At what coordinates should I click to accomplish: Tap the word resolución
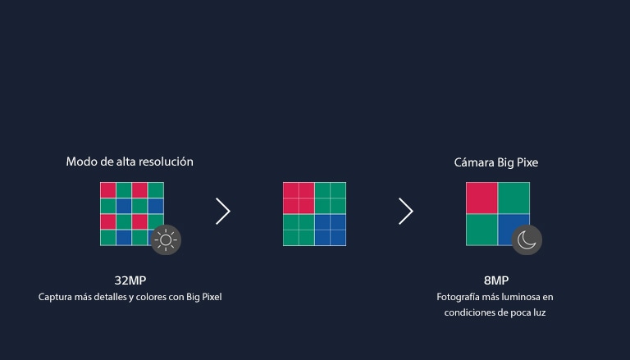click(x=166, y=162)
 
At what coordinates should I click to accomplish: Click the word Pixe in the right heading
click(x=526, y=163)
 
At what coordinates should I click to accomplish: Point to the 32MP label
click(x=130, y=280)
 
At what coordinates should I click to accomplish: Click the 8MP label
click(x=496, y=280)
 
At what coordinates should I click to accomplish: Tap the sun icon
click(x=166, y=239)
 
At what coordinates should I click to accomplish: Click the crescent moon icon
click(x=527, y=239)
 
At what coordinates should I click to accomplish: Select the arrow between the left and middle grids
click(x=223, y=212)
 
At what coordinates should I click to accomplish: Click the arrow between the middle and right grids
click(x=405, y=212)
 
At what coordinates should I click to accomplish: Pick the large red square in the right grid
click(x=482, y=198)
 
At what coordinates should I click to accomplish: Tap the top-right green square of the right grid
click(x=514, y=198)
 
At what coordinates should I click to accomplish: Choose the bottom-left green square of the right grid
click(x=482, y=230)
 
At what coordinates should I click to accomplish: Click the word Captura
click(x=56, y=297)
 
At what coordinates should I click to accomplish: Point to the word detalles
click(x=116, y=297)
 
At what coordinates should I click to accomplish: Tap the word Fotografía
click(x=460, y=297)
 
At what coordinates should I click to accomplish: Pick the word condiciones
click(x=469, y=312)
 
